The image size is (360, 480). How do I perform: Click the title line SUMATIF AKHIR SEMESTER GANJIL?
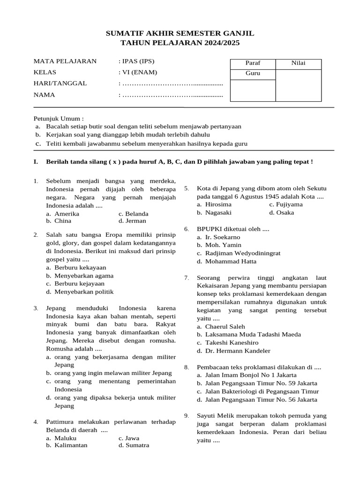180,33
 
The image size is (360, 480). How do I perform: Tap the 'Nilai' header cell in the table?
298,63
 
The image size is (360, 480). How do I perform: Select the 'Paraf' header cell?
253,63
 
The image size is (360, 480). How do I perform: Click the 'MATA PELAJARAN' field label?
65,61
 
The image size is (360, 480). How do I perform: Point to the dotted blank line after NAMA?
172,95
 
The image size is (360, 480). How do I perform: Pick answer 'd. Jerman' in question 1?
132,221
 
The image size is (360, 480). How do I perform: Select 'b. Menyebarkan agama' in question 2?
80,276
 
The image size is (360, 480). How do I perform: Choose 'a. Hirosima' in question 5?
214,204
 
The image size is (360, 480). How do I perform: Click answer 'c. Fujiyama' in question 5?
285,204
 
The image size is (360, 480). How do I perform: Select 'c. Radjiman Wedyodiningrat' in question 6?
239,253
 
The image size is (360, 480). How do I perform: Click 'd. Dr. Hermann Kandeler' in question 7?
233,351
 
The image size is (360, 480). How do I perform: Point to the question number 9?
187,416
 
